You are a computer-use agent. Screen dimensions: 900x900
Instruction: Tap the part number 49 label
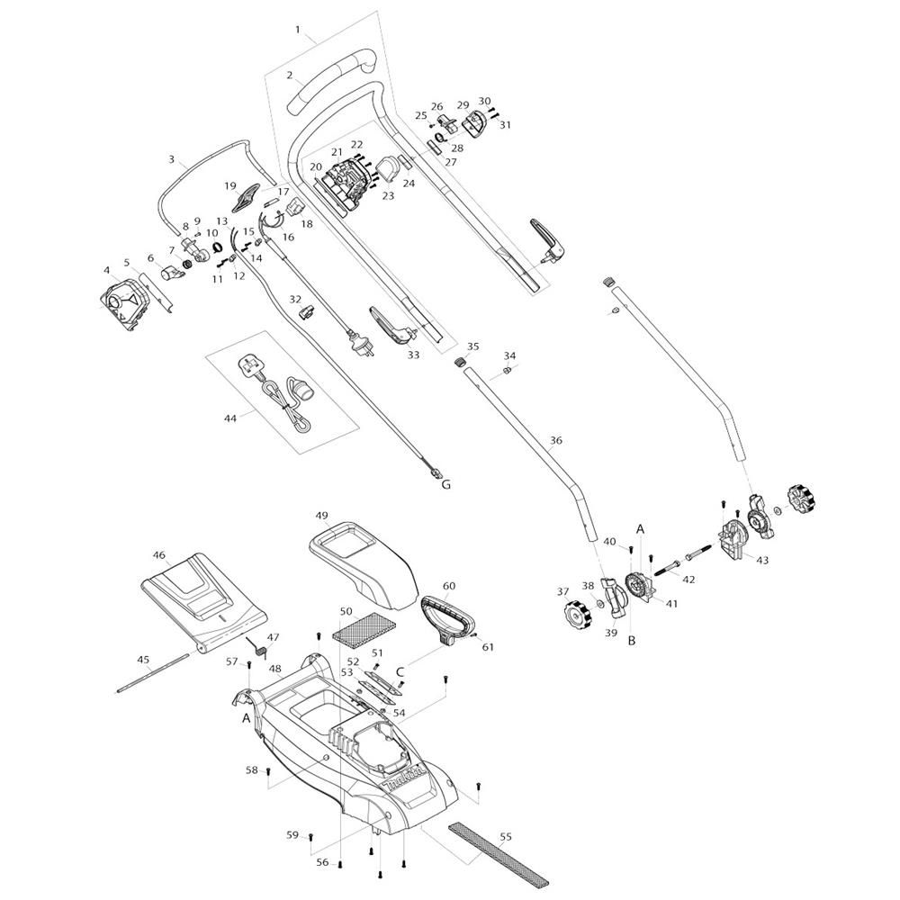click(322, 515)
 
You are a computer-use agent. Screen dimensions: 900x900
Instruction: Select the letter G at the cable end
click(446, 485)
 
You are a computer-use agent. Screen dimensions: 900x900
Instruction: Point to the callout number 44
click(230, 419)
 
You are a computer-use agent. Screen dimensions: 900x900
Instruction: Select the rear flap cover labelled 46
click(203, 603)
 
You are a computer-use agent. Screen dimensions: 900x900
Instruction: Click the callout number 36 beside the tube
click(555, 441)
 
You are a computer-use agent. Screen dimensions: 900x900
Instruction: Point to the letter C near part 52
click(400, 672)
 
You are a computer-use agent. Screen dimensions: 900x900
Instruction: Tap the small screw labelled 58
click(268, 771)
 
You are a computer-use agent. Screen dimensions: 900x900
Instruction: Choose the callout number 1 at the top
click(298, 30)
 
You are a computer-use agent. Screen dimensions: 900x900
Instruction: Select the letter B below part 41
click(632, 641)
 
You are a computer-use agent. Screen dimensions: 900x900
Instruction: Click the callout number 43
click(762, 561)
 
